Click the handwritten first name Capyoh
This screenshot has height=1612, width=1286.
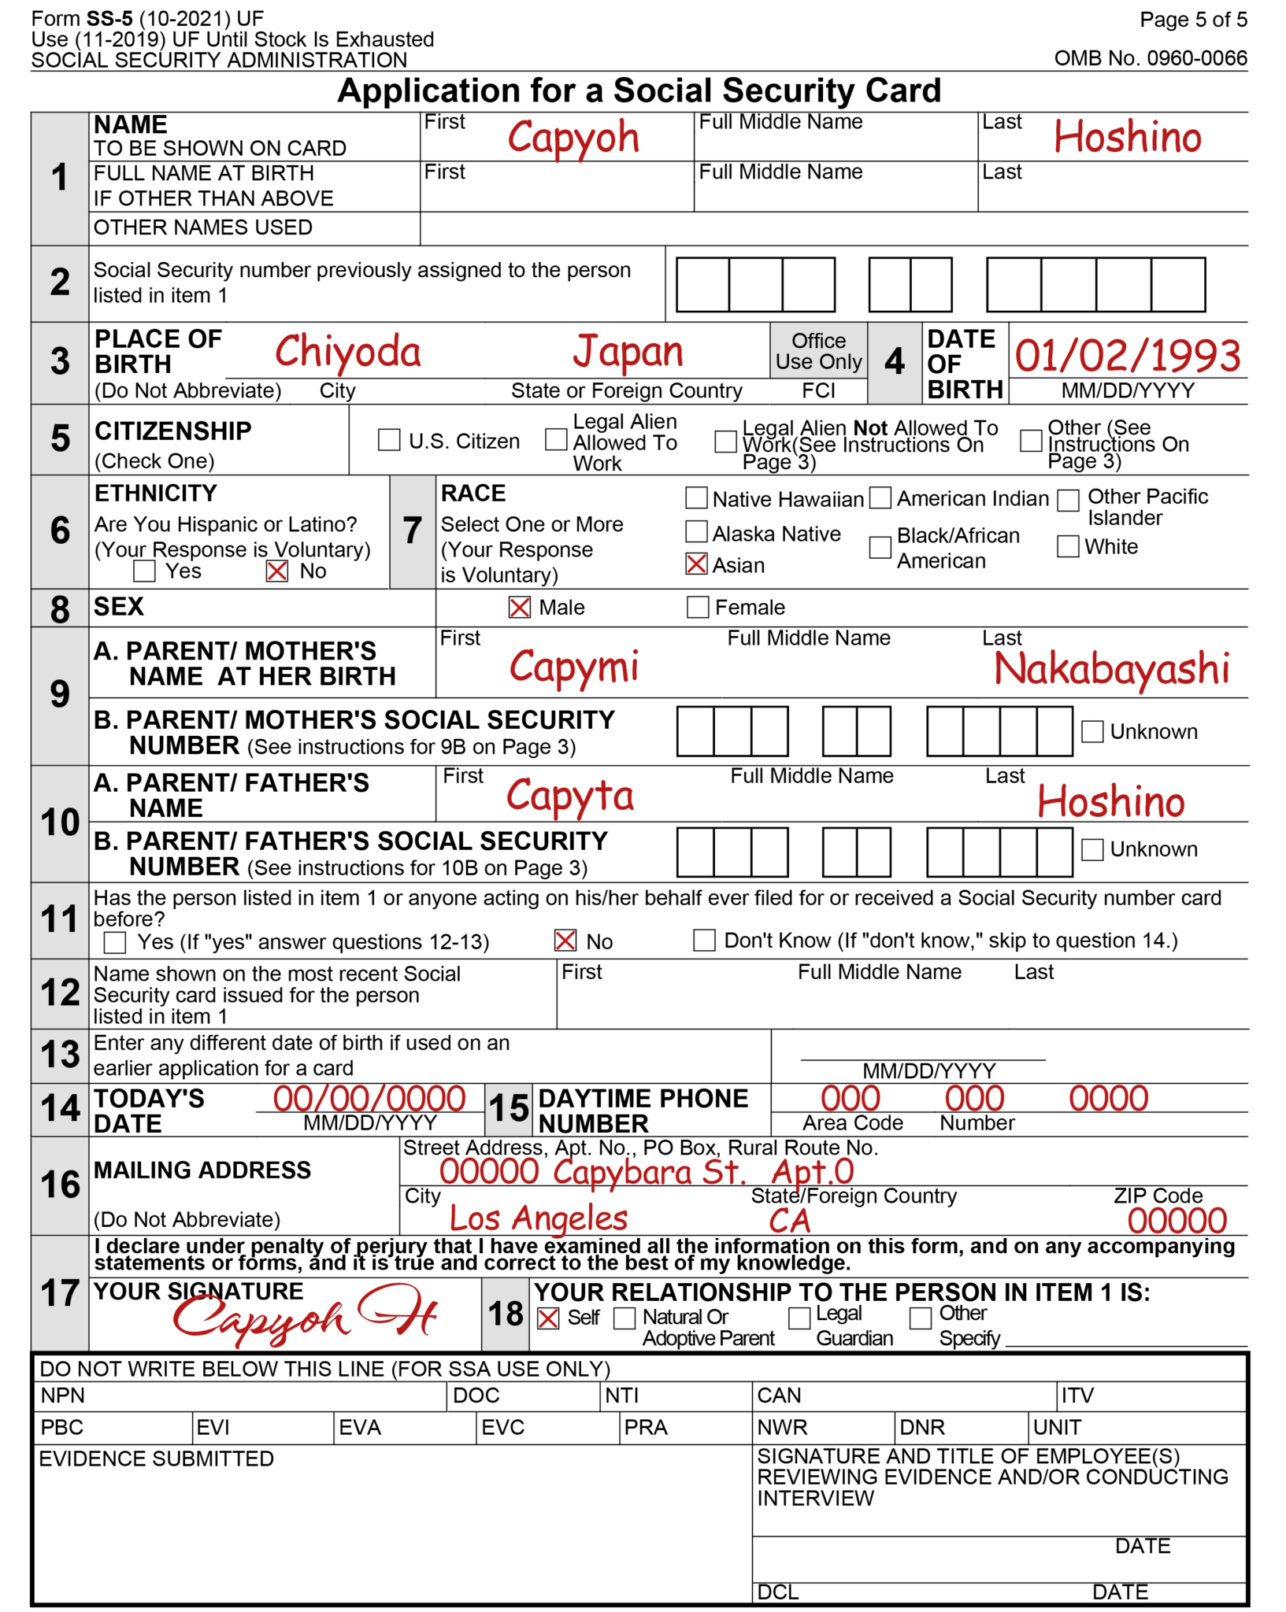coord(573,139)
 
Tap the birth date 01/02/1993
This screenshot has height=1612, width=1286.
coord(1127,356)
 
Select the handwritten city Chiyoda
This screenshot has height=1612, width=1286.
coord(347,352)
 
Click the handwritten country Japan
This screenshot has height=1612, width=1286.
coord(628,352)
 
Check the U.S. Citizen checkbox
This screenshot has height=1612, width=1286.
coord(389,440)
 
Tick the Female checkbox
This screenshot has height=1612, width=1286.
coord(698,607)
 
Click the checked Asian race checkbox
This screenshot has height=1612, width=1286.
coord(696,564)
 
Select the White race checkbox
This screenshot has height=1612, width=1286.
coord(1067,545)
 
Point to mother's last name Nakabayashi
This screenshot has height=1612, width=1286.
coord(1111,669)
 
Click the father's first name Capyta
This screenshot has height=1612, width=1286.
coord(569,797)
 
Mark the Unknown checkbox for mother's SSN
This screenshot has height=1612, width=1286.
coord(1091,731)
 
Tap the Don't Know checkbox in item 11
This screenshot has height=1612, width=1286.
coord(704,940)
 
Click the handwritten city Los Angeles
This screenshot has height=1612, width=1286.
coord(539,1219)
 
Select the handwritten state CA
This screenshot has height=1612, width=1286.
coord(789,1221)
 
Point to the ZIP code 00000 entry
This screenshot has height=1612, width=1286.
coord(1177,1221)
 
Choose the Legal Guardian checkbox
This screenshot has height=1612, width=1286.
coord(799,1318)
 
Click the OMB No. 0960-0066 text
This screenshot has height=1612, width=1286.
coord(1151,58)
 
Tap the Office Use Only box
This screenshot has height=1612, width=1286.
coord(818,351)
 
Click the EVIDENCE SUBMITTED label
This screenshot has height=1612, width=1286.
coord(156,1459)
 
